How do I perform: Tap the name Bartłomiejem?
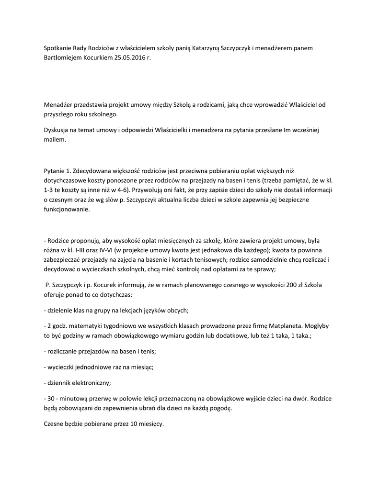(x=61, y=57)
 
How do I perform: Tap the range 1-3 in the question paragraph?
(x=48, y=190)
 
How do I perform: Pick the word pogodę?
(x=221, y=408)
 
